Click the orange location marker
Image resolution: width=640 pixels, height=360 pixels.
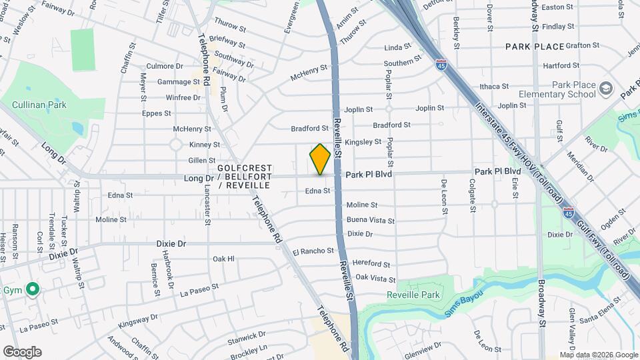tap(320, 159)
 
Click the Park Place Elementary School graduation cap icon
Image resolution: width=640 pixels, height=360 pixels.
tap(605, 89)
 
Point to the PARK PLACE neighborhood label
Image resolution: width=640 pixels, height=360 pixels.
tap(535, 47)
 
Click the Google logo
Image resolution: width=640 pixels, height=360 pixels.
tap(22, 352)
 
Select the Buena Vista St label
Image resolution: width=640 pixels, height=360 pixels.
tap(370, 220)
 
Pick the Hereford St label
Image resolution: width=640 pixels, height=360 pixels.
tap(372, 264)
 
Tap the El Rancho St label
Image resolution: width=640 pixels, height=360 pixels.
tap(313, 251)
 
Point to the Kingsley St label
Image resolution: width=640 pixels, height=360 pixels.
tap(363, 142)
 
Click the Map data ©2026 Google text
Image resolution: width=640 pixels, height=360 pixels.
tap(599, 355)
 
